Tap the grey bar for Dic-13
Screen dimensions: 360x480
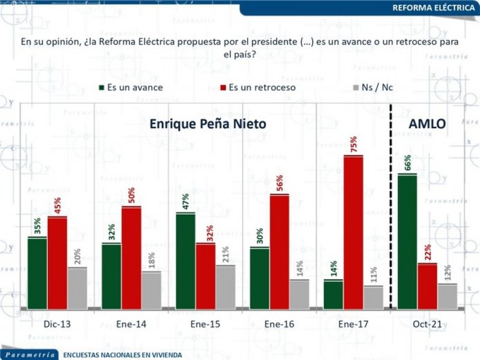[77, 288]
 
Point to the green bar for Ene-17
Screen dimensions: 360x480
[333, 295]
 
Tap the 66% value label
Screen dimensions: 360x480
[408, 162]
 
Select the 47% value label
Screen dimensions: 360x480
[185, 202]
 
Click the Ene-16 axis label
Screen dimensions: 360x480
[279, 325]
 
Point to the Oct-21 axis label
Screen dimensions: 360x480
[428, 325]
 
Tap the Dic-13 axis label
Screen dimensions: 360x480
[56, 325]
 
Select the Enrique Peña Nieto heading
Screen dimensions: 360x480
[208, 124]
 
